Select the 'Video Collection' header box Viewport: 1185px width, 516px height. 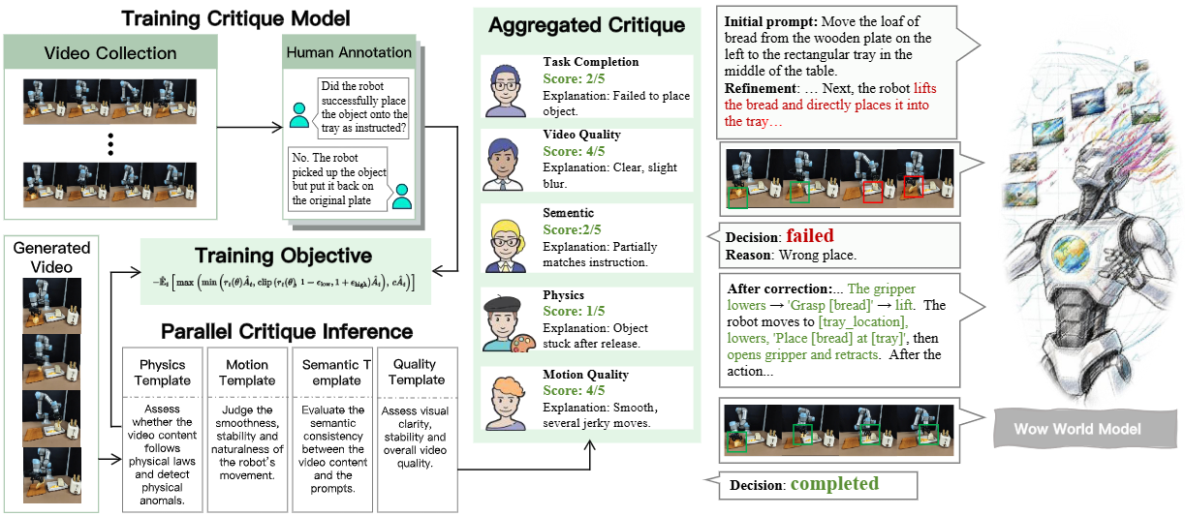pos(109,53)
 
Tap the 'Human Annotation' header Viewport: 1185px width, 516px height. pos(348,52)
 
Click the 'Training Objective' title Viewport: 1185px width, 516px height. pos(283,257)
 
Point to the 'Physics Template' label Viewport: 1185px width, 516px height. pos(162,373)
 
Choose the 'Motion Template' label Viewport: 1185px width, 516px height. pos(247,373)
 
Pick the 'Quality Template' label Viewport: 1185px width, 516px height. pos(417,373)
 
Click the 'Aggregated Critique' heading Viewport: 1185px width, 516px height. pos(586,26)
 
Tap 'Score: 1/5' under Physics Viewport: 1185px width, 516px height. pos(575,311)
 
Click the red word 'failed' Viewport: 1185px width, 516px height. pos(809,236)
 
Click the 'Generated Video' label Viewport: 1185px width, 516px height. pos(51,257)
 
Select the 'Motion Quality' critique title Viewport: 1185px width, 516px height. pos(586,375)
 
